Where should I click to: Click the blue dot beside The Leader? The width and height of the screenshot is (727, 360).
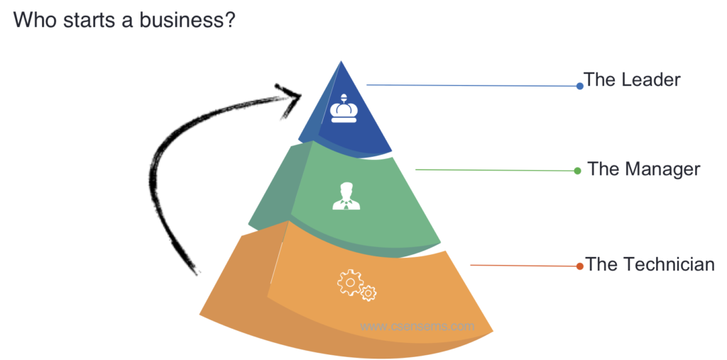click(x=580, y=86)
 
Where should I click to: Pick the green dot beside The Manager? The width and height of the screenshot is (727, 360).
click(x=578, y=170)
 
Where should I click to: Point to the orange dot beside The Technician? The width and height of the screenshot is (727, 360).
click(x=580, y=266)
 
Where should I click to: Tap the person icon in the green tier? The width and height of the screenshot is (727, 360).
click(x=346, y=197)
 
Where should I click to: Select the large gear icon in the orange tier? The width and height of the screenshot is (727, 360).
click(x=349, y=283)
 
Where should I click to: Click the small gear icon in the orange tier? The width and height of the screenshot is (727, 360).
click(x=368, y=293)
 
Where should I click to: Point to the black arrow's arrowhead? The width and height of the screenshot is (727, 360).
click(x=292, y=94)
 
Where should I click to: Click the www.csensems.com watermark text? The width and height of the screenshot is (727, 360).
click(x=417, y=327)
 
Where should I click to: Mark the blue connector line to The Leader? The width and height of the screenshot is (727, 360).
click(x=472, y=85)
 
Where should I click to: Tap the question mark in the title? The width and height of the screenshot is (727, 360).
click(x=229, y=20)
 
